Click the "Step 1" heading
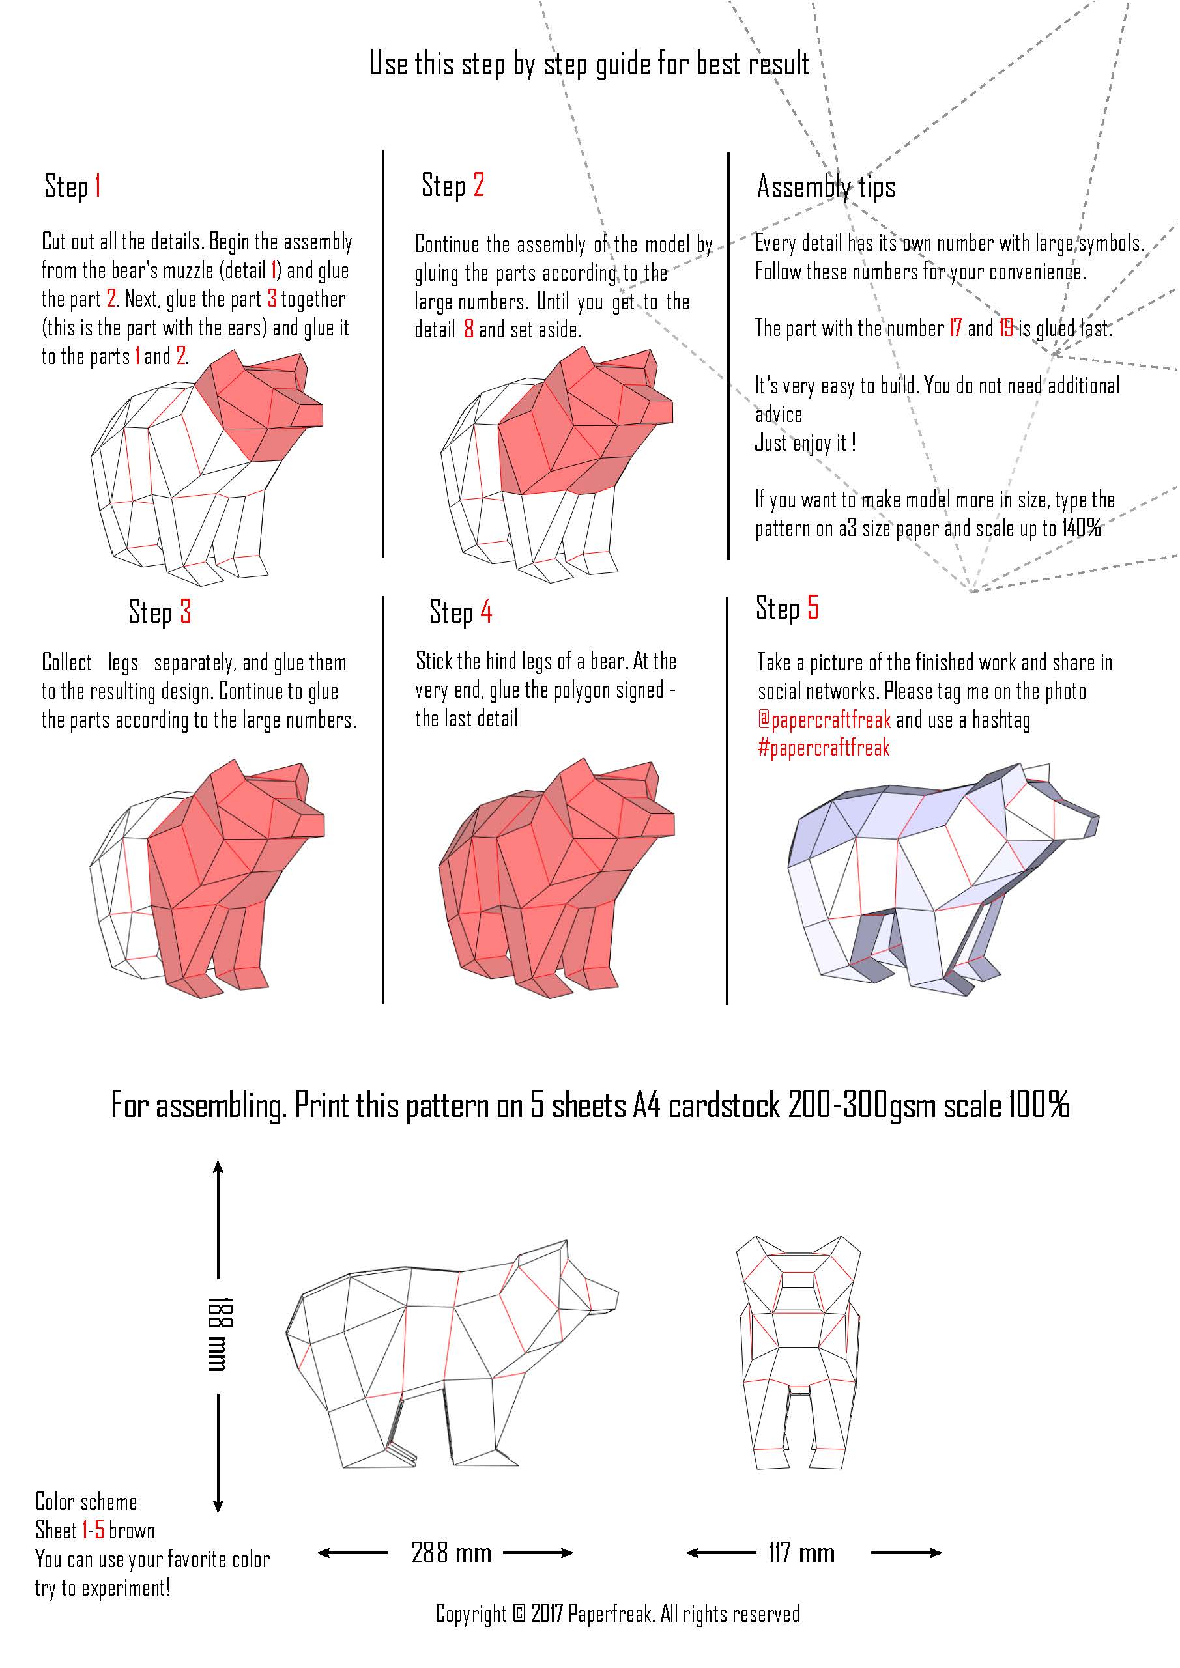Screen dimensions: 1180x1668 tap(73, 186)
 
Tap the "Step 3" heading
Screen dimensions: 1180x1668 tap(160, 612)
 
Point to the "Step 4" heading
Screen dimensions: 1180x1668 tap(461, 612)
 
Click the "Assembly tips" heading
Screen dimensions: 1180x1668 tap(826, 187)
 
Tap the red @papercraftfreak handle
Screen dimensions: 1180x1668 tap(824, 720)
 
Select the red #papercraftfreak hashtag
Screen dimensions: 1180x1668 tap(823, 748)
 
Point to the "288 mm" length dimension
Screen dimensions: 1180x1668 tap(452, 1554)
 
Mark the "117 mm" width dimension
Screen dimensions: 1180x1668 tap(801, 1554)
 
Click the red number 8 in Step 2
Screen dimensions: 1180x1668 tap(468, 330)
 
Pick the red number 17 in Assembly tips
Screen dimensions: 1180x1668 tap(955, 328)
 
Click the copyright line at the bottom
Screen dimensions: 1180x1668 tap(617, 1614)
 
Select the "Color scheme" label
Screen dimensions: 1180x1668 tap(87, 1502)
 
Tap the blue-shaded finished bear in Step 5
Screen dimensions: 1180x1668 tap(943, 879)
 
